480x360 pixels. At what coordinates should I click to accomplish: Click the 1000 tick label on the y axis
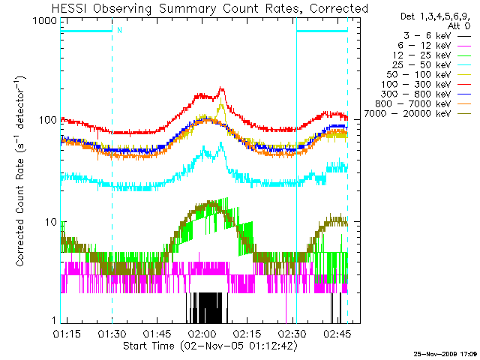point(43,22)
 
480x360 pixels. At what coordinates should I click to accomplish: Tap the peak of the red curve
point(221,89)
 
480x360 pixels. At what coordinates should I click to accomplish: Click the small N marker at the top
point(118,31)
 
